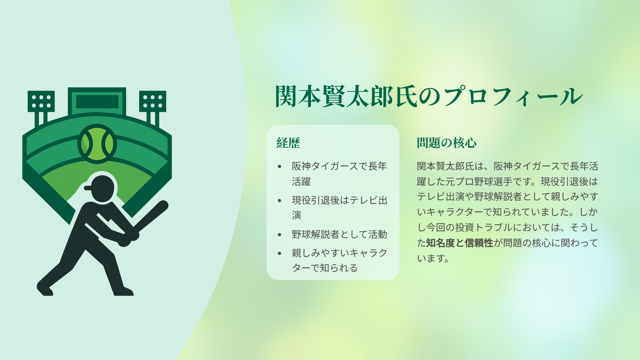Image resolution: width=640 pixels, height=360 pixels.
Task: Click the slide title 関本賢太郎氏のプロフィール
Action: [429, 96]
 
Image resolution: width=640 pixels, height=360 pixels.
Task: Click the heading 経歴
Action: [288, 143]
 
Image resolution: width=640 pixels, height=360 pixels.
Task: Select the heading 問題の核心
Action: [446, 143]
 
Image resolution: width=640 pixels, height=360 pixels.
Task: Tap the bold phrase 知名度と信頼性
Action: [460, 243]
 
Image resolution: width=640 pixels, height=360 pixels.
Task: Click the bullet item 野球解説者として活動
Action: [339, 234]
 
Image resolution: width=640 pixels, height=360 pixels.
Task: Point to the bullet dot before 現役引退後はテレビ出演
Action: [279, 201]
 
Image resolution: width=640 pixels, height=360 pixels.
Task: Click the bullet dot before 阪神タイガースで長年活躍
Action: [279, 166]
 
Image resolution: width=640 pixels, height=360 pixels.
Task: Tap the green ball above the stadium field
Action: [97, 143]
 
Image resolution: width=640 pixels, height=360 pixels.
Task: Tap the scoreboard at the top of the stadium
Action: [97, 101]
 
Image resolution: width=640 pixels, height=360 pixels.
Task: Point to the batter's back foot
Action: [123, 291]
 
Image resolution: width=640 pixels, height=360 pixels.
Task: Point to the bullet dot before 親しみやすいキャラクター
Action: [279, 253]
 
